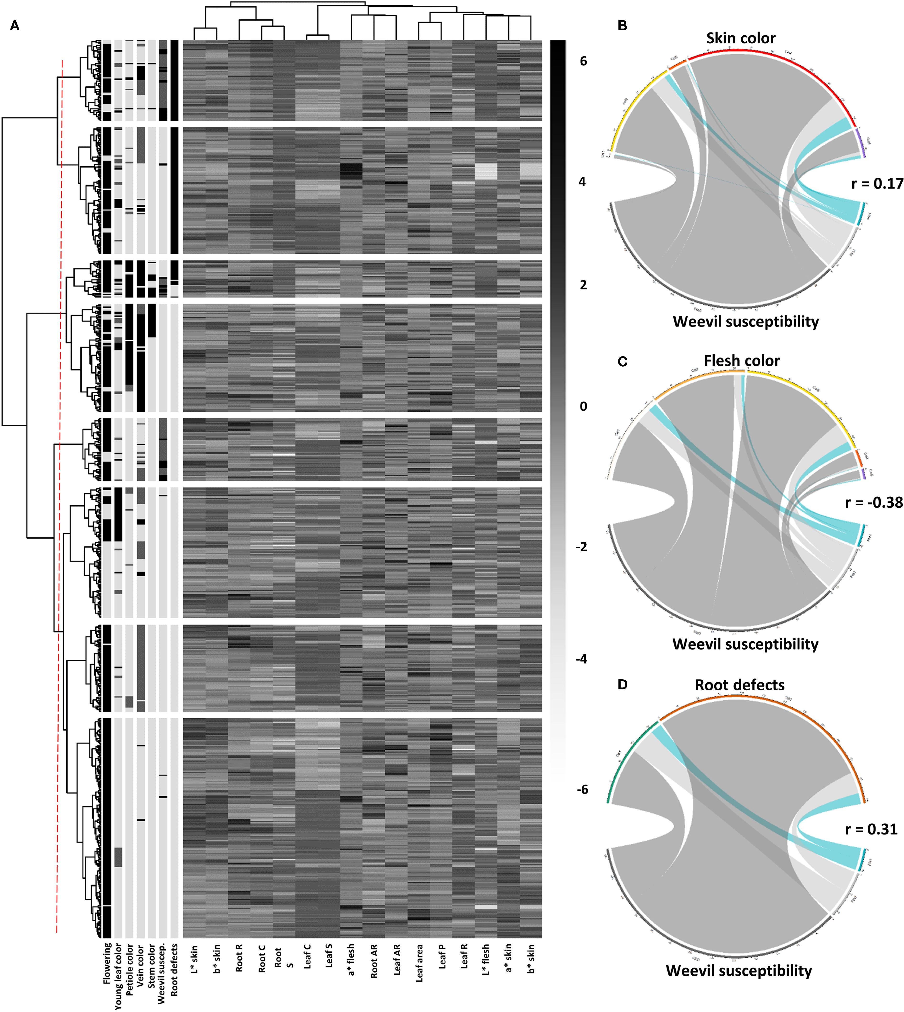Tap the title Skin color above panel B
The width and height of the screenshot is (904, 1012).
tap(741, 38)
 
